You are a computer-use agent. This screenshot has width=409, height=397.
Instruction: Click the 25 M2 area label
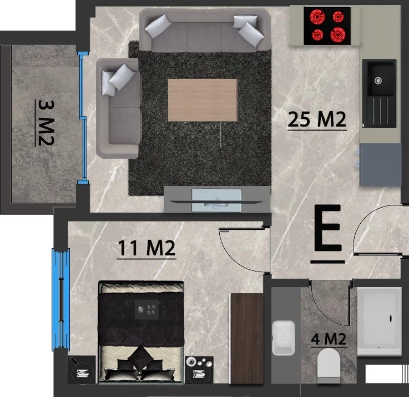[317, 119]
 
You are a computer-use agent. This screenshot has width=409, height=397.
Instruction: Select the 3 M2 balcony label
[45, 123]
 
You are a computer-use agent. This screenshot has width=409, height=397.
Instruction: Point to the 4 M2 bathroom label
[329, 339]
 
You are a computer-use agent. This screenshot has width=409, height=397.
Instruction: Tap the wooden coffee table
[203, 100]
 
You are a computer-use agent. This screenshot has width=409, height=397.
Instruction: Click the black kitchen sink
[380, 93]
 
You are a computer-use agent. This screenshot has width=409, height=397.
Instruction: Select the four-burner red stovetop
[327, 26]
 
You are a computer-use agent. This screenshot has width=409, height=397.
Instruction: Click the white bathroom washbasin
[284, 338]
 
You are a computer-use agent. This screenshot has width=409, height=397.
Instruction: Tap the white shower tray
[379, 321]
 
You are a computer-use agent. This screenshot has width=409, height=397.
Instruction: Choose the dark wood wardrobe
[247, 338]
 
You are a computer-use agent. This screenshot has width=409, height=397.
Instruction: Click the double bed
[141, 332]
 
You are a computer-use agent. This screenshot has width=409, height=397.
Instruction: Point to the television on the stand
[216, 200]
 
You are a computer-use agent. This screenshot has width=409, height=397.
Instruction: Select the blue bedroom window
[61, 300]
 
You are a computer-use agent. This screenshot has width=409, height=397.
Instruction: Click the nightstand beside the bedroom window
[82, 370]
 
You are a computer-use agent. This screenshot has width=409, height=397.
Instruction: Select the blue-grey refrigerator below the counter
[381, 164]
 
